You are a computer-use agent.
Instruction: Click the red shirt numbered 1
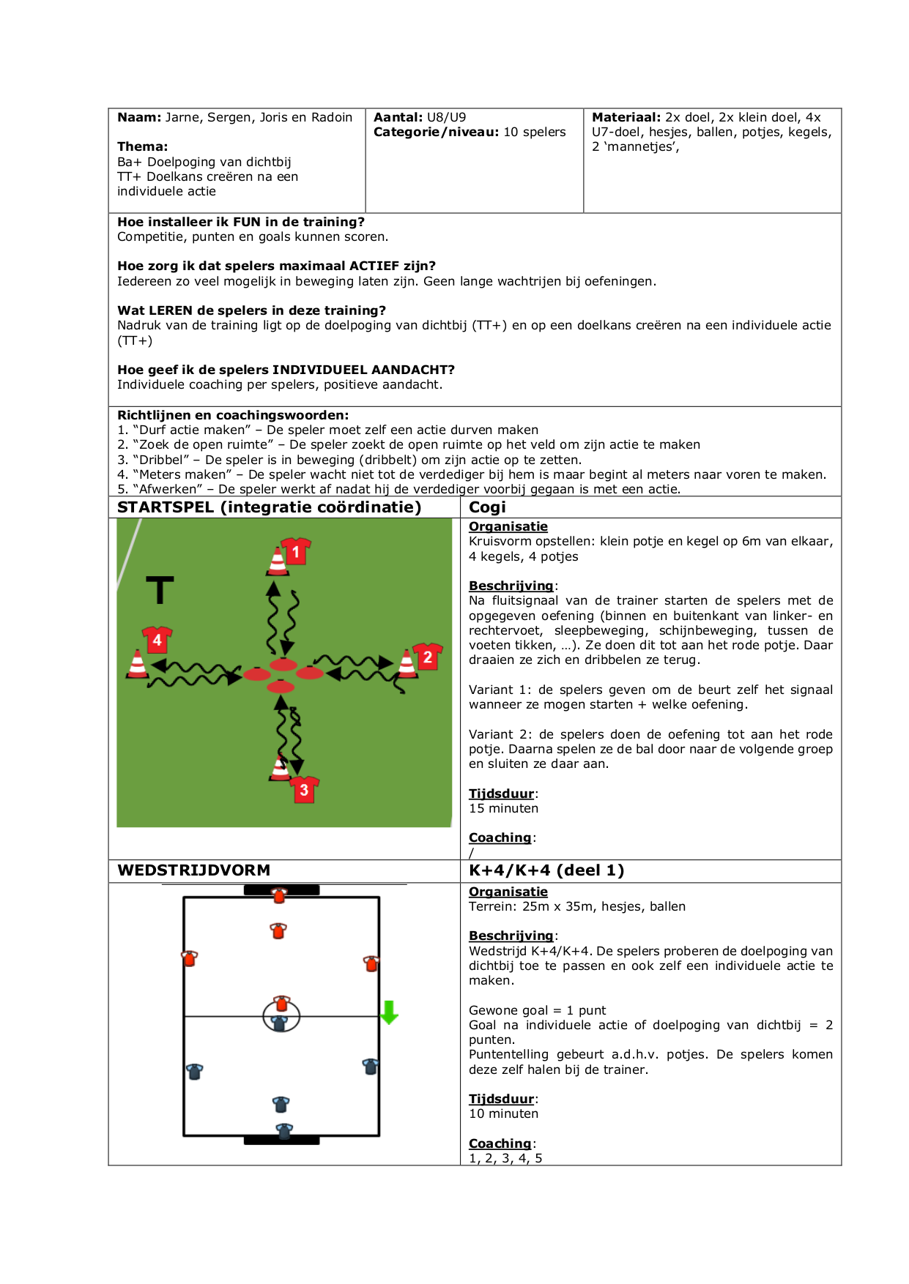(296, 551)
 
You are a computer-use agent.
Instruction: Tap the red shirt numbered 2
(428, 657)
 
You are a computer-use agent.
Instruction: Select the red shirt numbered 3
(304, 789)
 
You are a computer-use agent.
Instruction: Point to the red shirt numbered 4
(157, 640)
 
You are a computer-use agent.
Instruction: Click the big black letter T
(160, 590)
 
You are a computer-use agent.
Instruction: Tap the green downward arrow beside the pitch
(389, 1012)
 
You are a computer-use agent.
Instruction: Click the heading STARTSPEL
(166, 507)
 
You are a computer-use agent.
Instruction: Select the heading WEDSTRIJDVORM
(194, 870)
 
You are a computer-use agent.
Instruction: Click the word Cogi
(487, 507)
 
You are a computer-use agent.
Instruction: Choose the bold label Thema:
(142, 146)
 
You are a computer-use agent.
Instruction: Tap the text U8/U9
(446, 117)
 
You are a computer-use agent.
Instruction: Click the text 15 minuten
(503, 808)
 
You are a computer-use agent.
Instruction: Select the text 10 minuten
(503, 1113)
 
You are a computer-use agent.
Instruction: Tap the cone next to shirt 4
(137, 664)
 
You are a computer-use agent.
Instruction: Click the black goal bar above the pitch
(281, 890)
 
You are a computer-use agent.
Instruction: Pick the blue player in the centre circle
(279, 1023)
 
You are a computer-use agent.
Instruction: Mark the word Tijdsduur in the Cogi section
(502, 794)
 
